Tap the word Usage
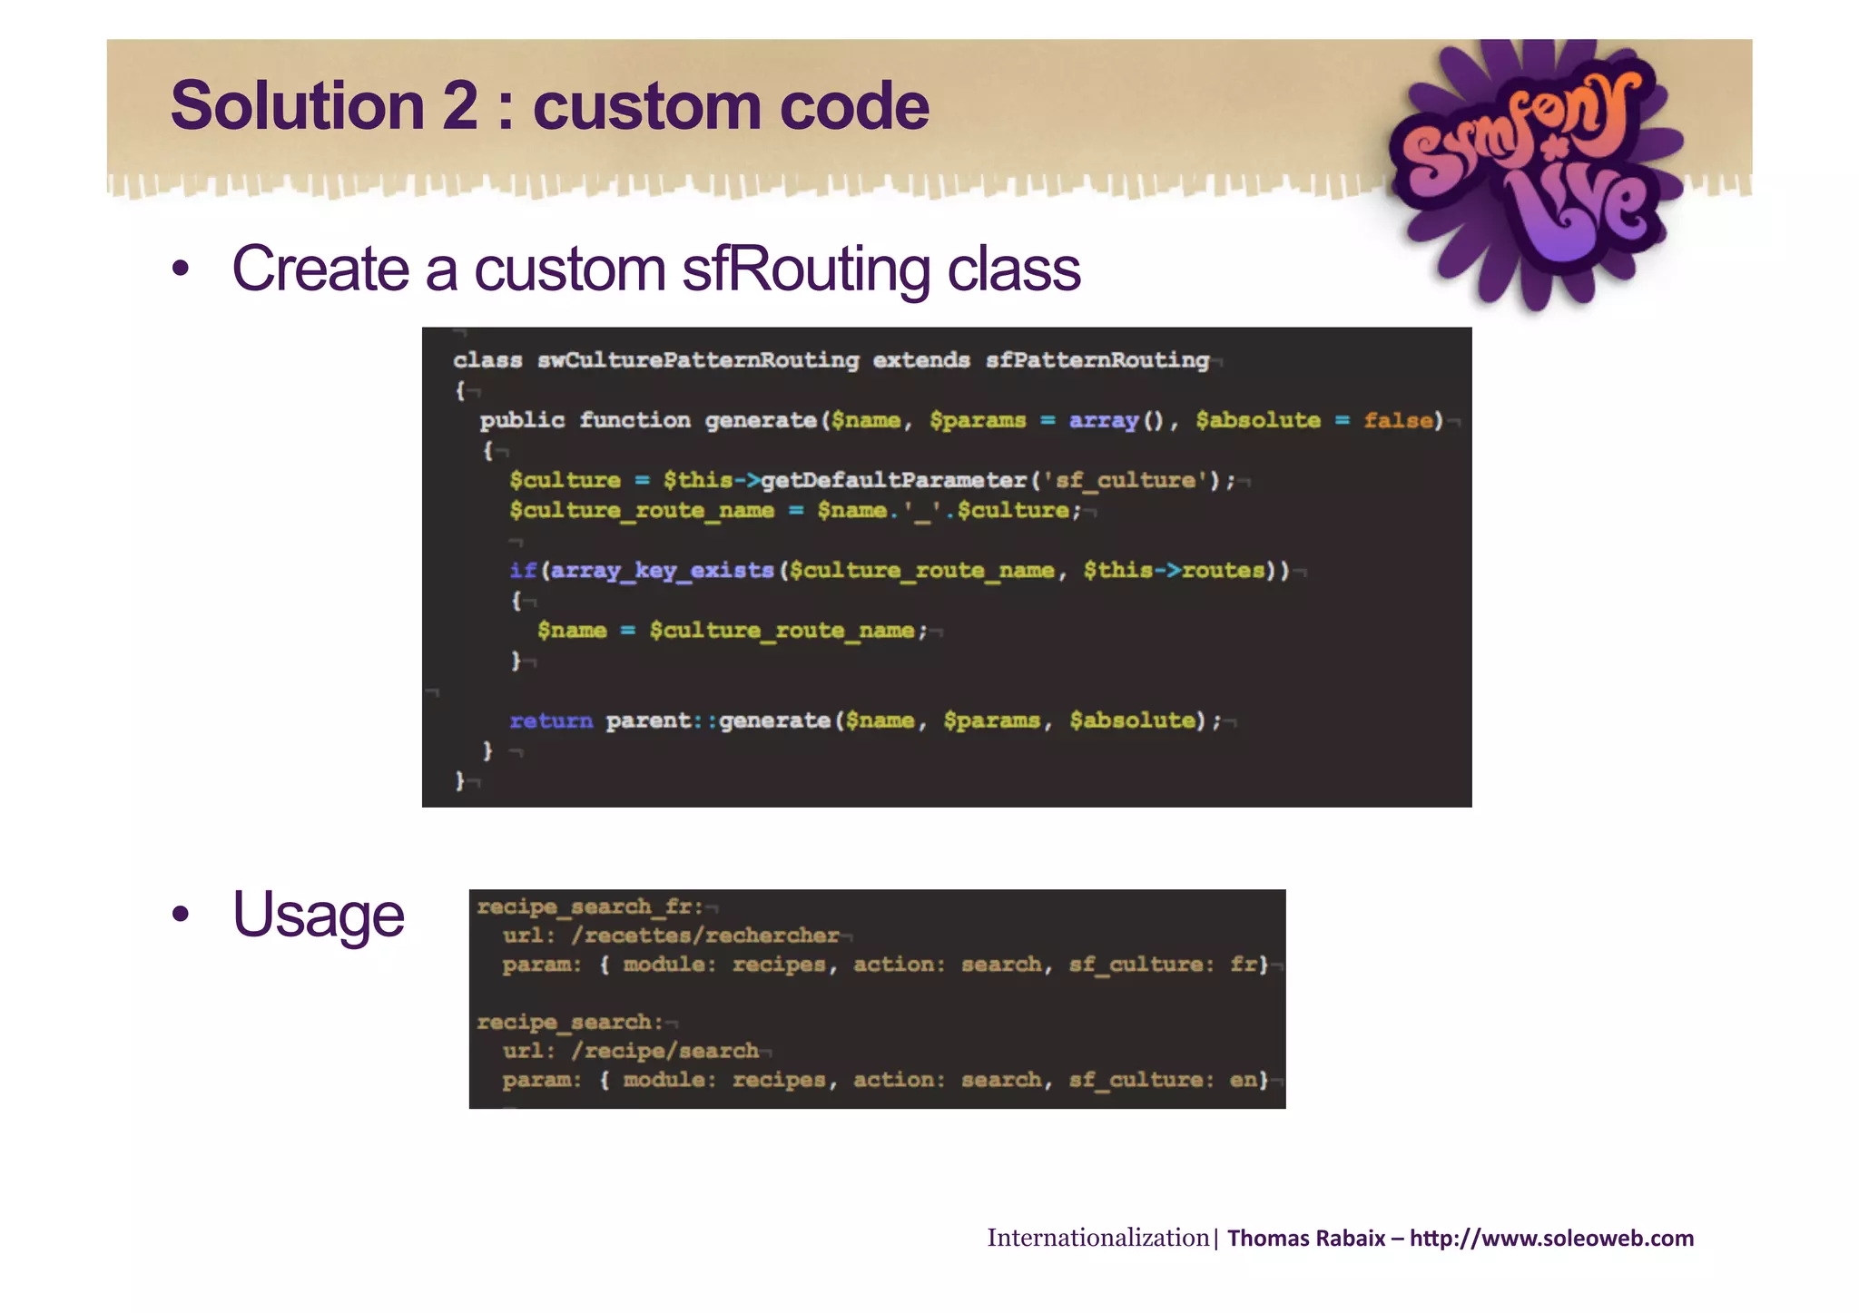click(x=318, y=915)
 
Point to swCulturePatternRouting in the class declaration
click(x=697, y=360)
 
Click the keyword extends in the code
click(x=920, y=360)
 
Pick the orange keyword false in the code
click(x=1402, y=420)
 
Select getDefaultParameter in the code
click(x=893, y=480)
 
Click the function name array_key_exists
click(x=662, y=570)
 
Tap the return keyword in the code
click(x=550, y=720)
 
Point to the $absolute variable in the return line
click(x=1131, y=720)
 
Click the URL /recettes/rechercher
click(x=705, y=936)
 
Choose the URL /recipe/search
click(x=664, y=1051)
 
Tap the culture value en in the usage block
click(x=1242, y=1080)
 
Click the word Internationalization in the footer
click(x=1097, y=1238)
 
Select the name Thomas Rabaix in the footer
click(x=1305, y=1239)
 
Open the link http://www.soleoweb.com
click(x=1551, y=1239)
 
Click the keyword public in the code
click(x=522, y=420)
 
